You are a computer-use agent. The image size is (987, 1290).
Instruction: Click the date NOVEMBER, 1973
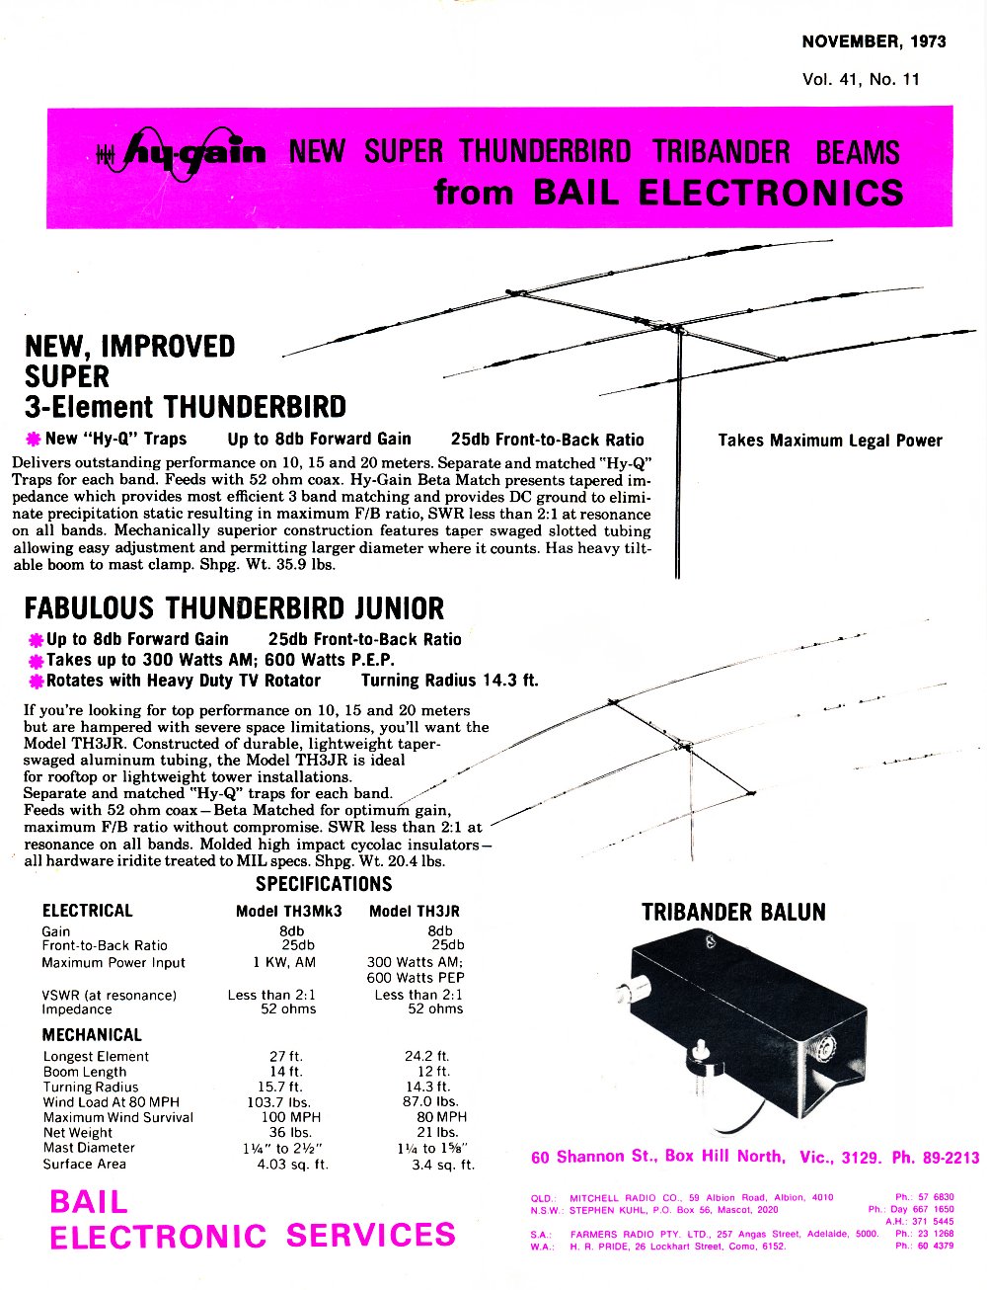[873, 41]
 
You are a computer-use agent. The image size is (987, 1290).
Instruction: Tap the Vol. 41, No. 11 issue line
[861, 80]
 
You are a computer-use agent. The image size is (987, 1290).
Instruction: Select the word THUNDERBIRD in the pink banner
[545, 151]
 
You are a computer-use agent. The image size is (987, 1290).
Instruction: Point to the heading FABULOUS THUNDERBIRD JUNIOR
[234, 608]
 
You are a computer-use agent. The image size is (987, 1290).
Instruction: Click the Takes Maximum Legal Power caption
[830, 441]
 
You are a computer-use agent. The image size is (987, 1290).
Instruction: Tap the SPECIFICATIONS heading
[324, 884]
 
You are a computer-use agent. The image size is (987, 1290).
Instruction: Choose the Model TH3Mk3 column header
[289, 912]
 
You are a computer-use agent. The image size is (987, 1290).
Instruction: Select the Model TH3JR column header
[414, 912]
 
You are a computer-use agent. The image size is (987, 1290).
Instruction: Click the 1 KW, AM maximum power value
[284, 962]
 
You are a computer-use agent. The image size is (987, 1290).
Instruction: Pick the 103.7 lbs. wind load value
[278, 1103]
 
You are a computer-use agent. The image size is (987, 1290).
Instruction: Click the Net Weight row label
[78, 1133]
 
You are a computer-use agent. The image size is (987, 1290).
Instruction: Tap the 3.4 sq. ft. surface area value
[444, 1165]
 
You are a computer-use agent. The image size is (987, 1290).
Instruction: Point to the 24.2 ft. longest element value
[427, 1056]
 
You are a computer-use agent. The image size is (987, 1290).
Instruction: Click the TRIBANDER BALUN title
[733, 913]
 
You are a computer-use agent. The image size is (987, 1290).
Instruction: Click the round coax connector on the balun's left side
[624, 993]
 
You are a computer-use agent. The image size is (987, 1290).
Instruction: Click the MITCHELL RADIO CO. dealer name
[613, 1197]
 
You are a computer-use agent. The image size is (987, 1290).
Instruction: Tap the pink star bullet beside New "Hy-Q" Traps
[34, 440]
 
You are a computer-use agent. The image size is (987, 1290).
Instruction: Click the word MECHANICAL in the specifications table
[92, 1035]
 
